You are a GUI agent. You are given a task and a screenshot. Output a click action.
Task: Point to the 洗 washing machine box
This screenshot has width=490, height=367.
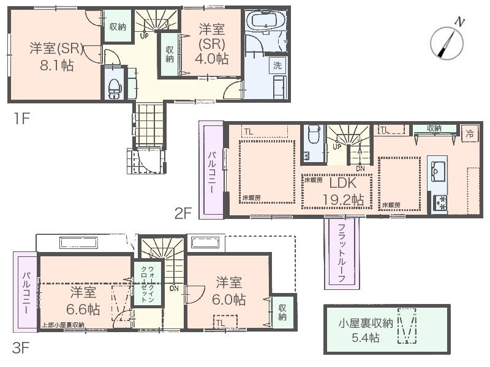277,65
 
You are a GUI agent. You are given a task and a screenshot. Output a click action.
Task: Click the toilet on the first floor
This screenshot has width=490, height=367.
113,87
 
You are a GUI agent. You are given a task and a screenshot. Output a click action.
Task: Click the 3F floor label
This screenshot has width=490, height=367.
21,349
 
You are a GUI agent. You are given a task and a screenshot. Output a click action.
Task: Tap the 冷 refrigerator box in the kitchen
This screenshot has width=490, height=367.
470,132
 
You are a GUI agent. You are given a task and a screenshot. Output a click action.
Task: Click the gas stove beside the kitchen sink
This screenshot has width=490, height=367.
440,203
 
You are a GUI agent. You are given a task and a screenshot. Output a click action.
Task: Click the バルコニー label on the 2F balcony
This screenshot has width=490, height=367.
210,172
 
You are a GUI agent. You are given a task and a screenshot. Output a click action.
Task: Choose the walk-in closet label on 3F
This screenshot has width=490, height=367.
147,282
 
